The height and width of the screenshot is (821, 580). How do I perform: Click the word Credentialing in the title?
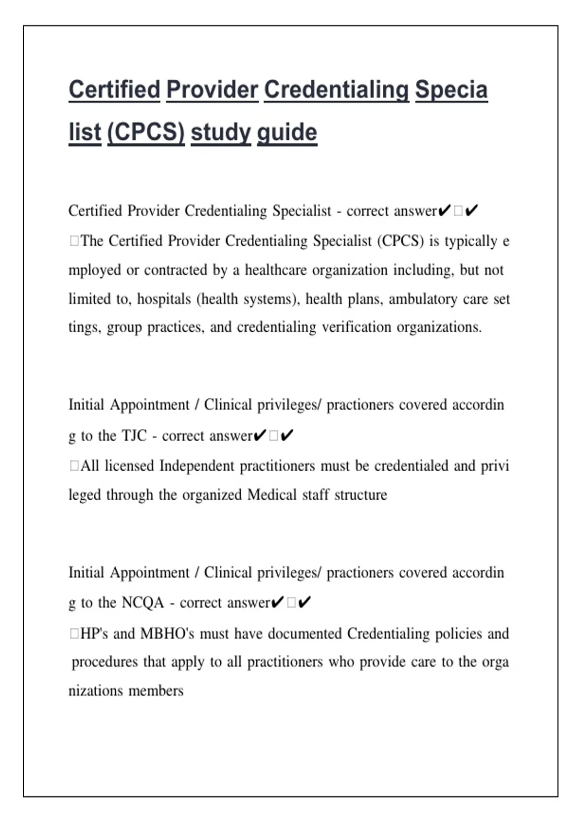click(336, 90)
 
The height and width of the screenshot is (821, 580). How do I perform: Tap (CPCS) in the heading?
click(145, 132)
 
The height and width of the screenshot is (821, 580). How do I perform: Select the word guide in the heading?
click(287, 132)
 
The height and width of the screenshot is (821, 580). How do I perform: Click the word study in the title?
click(220, 132)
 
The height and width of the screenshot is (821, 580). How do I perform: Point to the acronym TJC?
click(134, 436)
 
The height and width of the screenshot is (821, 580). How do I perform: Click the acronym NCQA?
click(143, 603)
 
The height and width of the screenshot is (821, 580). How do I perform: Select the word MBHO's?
click(167, 633)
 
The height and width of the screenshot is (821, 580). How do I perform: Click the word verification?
click(356, 327)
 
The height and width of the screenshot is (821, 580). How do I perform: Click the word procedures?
click(104, 662)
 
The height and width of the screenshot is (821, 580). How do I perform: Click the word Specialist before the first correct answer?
click(302, 211)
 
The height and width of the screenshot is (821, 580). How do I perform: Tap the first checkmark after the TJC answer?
click(260, 436)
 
